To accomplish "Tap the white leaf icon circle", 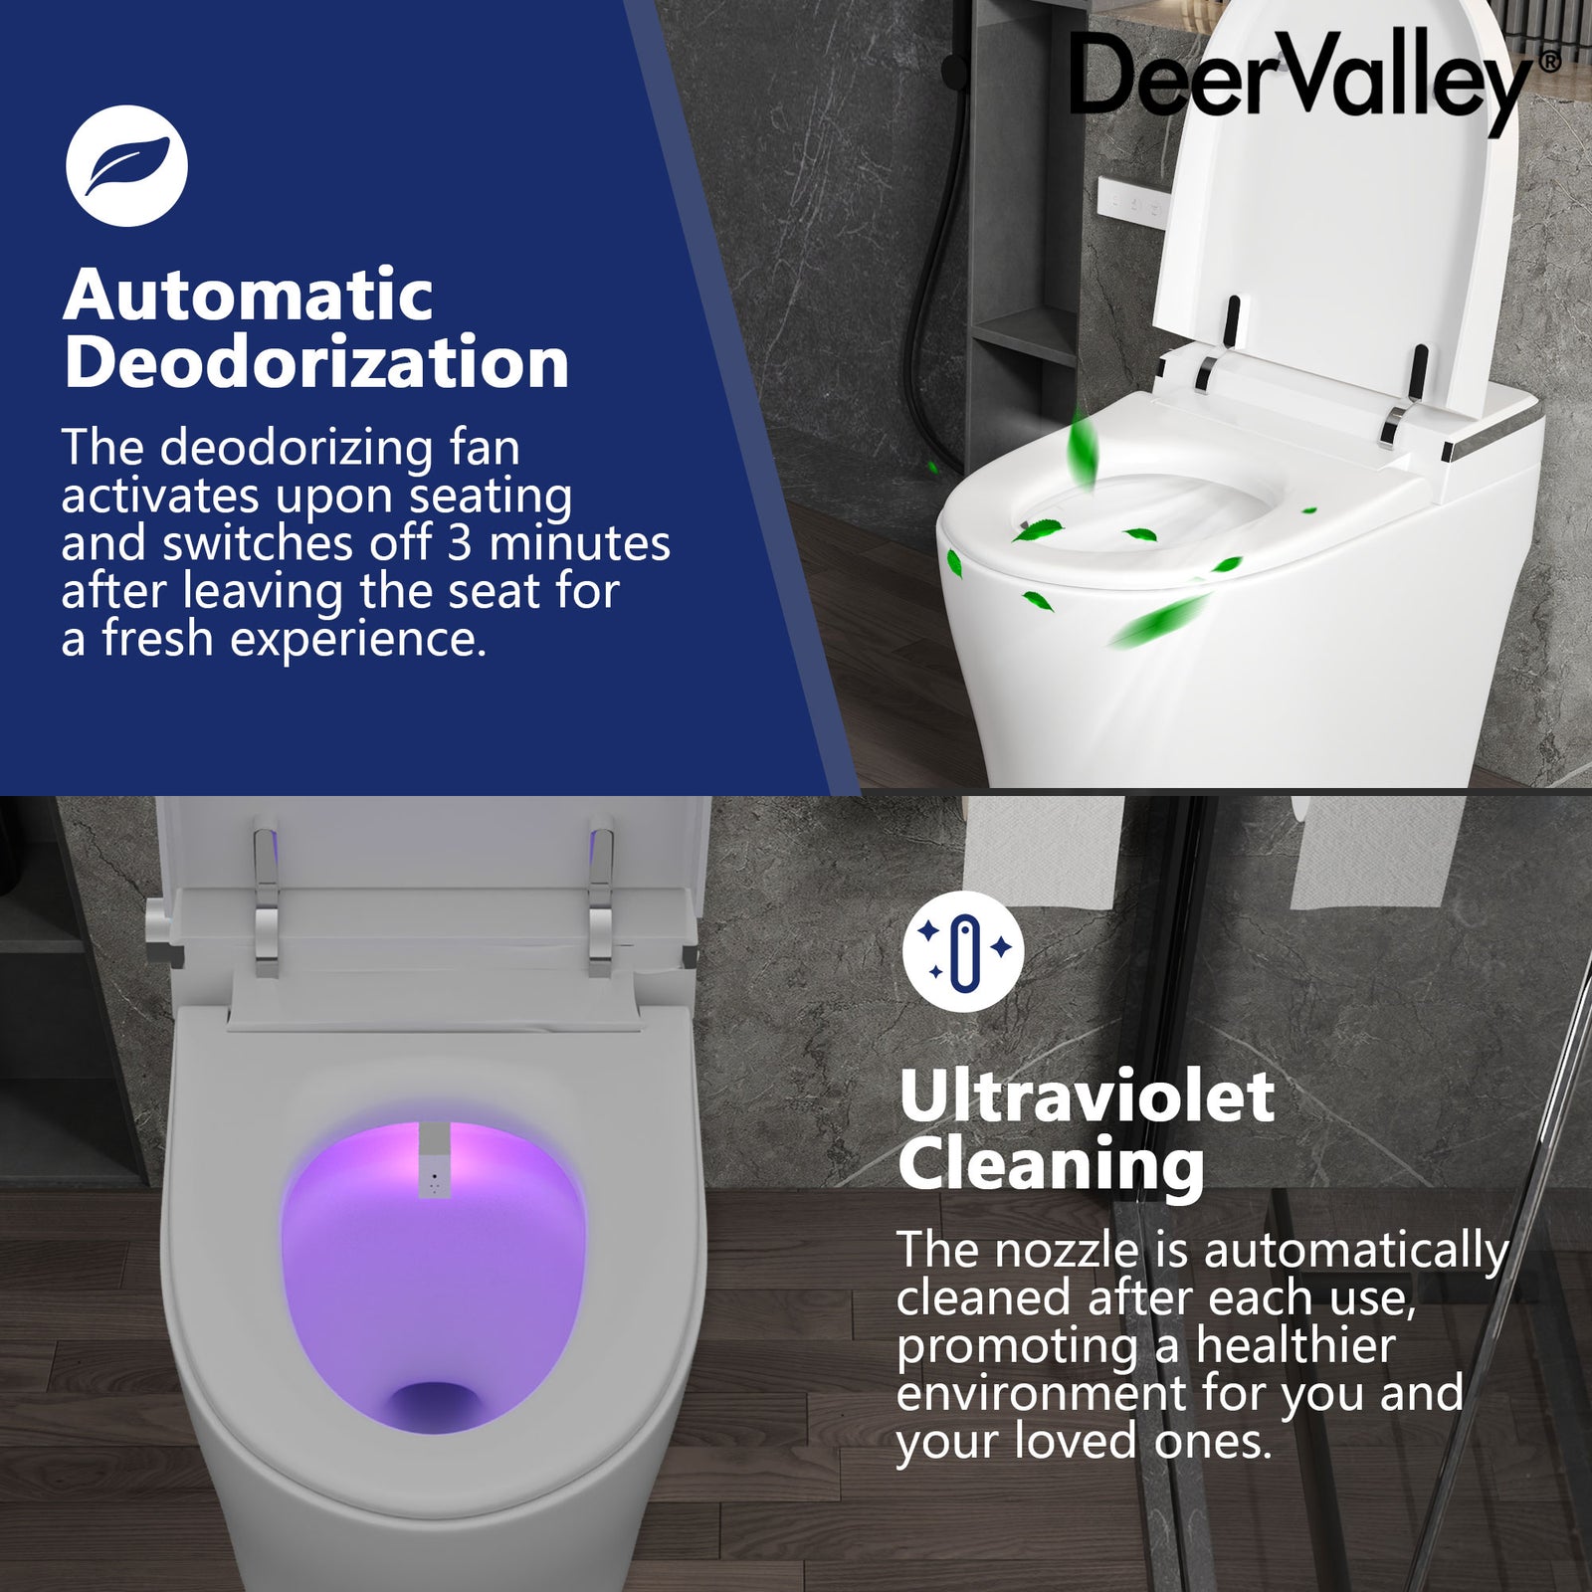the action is pos(126,166).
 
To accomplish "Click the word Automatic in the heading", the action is pos(248,296).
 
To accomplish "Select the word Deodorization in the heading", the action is pos(316,362).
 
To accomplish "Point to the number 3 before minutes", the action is pos(459,543).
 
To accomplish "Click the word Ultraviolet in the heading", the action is pos(1087,1096).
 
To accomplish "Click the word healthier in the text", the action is pos(1294,1345).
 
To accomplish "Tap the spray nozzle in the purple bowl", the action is pos(434,1160).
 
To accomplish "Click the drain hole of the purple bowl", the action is pos(434,1404).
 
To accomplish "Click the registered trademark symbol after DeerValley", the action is pos(1548,62).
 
